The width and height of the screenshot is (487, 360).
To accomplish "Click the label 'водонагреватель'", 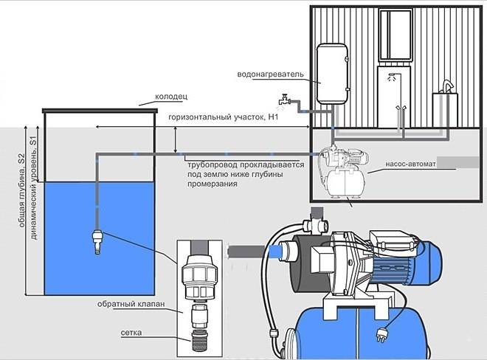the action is coord(270,75).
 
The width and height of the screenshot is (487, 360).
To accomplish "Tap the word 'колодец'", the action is coord(171,97).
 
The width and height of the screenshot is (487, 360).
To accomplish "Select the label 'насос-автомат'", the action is coord(410,164).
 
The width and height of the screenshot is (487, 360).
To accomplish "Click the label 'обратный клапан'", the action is coord(131,304).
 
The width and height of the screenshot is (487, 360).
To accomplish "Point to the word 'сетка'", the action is coord(131,333).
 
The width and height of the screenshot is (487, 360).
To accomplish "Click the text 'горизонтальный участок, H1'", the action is coord(224,117).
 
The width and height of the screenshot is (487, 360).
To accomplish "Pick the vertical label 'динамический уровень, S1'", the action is coord(33,188).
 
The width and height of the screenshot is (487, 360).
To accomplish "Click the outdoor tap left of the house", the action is coord(284,100).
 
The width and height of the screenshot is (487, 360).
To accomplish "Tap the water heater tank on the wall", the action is coord(332,74).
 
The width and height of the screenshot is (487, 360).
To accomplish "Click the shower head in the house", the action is coord(393,76).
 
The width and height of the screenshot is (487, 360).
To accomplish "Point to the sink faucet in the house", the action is coord(446,86).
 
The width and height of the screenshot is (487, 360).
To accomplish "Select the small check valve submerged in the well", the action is coord(97,241).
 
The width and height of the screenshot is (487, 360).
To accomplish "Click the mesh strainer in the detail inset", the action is coord(199,341).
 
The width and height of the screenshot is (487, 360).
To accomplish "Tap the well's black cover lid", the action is coord(100,110).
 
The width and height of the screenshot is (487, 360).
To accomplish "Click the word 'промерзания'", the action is coord(212,184).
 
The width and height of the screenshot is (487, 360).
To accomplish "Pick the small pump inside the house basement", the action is coord(343,173).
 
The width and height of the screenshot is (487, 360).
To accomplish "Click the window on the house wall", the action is coord(396,35).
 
